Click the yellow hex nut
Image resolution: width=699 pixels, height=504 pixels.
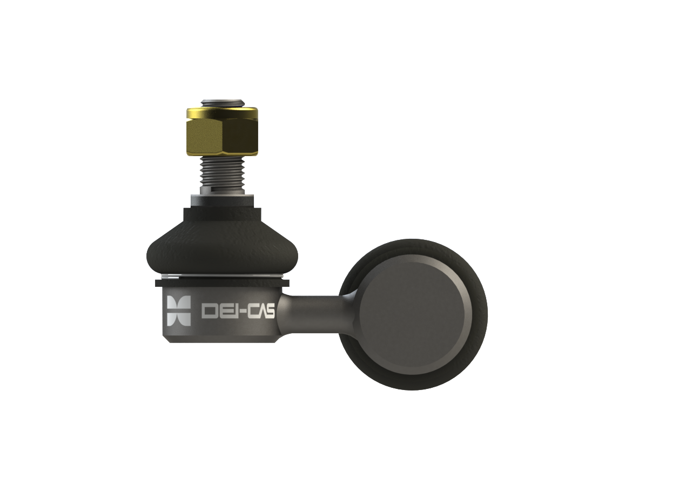(x=222, y=131)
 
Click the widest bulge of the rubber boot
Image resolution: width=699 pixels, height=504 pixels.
(x=222, y=257)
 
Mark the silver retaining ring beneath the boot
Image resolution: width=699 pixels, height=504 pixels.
(x=222, y=277)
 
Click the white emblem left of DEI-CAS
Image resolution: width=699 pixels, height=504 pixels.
(x=179, y=311)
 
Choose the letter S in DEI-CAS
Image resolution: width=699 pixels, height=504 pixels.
(x=270, y=311)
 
